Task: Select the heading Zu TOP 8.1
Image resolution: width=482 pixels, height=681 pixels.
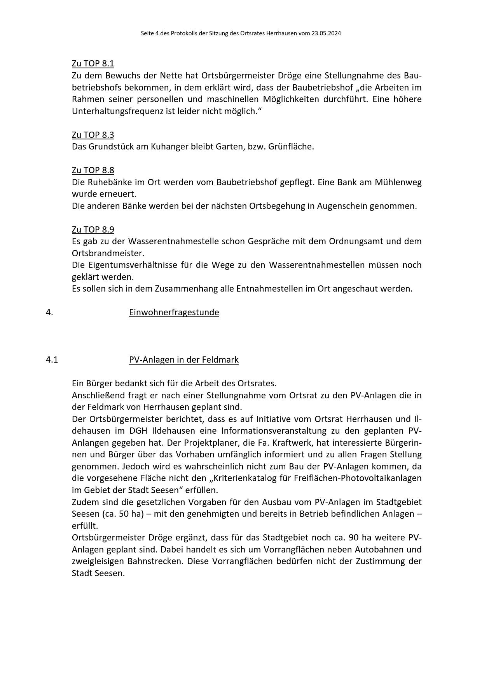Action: point(93,64)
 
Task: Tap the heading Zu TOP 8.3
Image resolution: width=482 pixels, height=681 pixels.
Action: point(93,135)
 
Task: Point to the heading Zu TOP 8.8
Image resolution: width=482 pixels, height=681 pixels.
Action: point(93,170)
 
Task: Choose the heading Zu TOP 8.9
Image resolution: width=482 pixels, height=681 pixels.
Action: point(93,229)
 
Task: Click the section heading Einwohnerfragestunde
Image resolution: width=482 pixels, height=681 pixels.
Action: point(174,313)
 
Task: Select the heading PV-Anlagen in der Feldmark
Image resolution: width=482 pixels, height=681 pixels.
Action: point(183,360)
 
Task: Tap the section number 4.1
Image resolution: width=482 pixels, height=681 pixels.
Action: point(52,360)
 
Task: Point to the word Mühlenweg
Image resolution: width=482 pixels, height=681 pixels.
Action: point(398,182)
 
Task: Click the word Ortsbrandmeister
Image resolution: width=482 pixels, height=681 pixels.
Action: point(107,253)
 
